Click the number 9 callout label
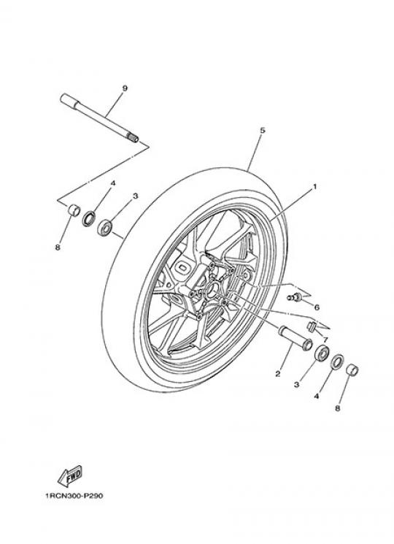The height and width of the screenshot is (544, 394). click(125, 88)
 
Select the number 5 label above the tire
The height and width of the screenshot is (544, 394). click(263, 131)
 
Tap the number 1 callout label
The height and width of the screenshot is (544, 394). click(314, 187)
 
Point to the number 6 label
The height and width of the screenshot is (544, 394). click(317, 307)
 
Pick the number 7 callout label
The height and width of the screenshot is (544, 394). click(325, 339)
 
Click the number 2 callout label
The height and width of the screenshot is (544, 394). click(277, 374)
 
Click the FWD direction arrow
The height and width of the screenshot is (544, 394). click(69, 476)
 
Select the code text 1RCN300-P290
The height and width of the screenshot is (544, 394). click(74, 496)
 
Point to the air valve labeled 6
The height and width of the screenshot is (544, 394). click(295, 297)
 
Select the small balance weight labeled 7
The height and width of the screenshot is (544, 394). click(311, 326)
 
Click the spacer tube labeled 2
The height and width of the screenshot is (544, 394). click(295, 338)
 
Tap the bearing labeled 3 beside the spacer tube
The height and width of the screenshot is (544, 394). click(322, 353)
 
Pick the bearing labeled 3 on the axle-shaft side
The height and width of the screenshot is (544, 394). click(104, 228)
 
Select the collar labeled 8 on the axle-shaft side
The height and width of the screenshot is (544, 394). click(74, 210)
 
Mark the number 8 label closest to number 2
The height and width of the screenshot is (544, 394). click(338, 409)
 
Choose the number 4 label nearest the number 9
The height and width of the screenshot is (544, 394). click(112, 183)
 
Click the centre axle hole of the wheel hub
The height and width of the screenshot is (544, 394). click(212, 289)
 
